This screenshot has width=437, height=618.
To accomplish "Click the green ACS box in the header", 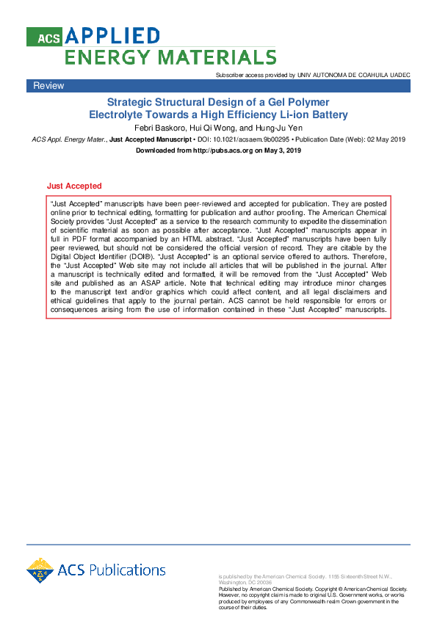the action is coord(44,37).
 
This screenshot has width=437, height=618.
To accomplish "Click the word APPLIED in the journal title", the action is coord(112,36).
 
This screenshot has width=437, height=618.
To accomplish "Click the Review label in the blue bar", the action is coord(48,86).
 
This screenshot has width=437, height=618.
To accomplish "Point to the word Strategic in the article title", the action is coord(131,102).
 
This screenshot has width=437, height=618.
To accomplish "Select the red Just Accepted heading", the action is coord(74,186).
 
